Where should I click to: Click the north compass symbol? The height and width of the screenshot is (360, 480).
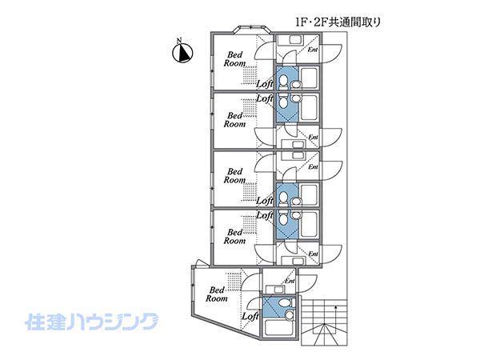tap(183, 53)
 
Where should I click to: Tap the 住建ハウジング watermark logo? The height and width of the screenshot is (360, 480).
tap(93, 322)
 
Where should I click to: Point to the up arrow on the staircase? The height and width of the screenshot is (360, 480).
tap(336, 308)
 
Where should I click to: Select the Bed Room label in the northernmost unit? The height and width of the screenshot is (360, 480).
tap(234, 58)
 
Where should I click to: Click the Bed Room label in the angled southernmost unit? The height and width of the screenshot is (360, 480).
tap(216, 294)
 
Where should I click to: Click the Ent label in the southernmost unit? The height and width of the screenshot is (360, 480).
tap(289, 281)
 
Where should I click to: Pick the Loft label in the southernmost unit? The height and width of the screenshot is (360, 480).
tap(250, 316)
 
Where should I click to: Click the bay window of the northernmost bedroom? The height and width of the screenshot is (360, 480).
tap(241, 31)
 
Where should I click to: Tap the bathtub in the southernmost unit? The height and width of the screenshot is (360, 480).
tap(280, 327)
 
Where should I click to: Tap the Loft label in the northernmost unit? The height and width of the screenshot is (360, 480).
tap(265, 83)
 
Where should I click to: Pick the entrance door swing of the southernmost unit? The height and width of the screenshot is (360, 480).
tap(307, 282)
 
